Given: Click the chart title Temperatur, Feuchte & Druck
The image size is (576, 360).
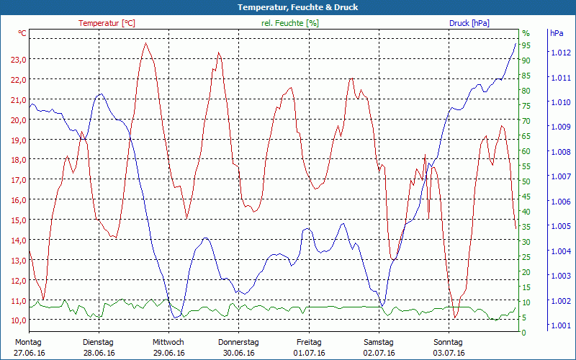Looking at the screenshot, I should pyautogui.click(x=288, y=7).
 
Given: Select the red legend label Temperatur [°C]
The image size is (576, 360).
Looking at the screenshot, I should pyautogui.click(x=107, y=23).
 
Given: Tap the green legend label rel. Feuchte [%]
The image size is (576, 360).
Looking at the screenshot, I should pyautogui.click(x=290, y=23).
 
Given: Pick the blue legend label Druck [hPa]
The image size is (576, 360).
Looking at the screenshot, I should pyautogui.click(x=469, y=23).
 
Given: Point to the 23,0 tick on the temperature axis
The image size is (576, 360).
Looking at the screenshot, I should pyautogui.click(x=19, y=60).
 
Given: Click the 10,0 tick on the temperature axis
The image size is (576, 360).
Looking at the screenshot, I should pyautogui.click(x=19, y=320).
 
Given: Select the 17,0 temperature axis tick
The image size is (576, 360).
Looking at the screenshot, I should pyautogui.click(x=19, y=180).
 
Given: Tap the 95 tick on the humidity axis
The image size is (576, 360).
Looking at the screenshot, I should pyautogui.click(x=526, y=45).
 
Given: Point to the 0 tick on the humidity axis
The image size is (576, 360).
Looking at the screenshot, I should pyautogui.click(x=524, y=333).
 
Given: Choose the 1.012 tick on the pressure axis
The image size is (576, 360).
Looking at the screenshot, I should pyautogui.click(x=561, y=53).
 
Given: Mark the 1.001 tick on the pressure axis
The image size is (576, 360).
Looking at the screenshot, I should pyautogui.click(x=561, y=325).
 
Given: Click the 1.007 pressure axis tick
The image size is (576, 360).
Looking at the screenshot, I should pyautogui.click(x=561, y=176).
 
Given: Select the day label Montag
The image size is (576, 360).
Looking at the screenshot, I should pyautogui.click(x=28, y=342).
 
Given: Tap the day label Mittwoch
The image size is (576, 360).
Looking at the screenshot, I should pyautogui.click(x=168, y=342).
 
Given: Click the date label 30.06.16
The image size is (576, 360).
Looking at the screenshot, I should pyautogui.click(x=239, y=354).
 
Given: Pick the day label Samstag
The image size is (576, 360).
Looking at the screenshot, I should pyautogui.click(x=379, y=342).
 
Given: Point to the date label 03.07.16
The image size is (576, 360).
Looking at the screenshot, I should pyautogui.click(x=450, y=354).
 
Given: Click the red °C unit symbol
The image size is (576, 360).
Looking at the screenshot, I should pyautogui.click(x=22, y=33).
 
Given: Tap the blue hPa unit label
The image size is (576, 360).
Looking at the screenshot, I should pyautogui.click(x=557, y=33).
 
